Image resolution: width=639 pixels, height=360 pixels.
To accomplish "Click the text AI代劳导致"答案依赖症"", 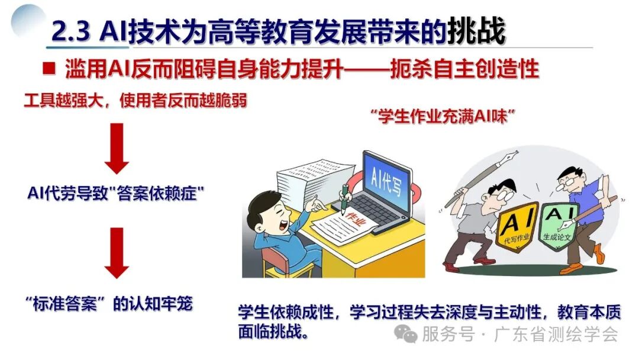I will (x=112, y=194).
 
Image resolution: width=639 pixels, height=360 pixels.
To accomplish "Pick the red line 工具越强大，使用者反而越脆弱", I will (x=135, y=101).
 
